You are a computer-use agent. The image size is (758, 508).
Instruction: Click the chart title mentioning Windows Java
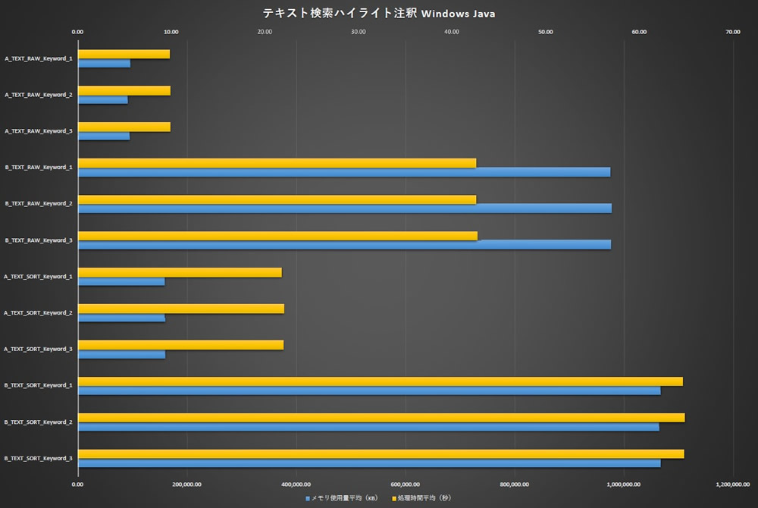(379, 13)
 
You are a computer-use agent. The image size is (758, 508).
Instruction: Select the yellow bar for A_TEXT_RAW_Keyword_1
(124, 54)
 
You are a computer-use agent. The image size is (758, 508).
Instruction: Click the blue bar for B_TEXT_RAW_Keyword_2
(344, 209)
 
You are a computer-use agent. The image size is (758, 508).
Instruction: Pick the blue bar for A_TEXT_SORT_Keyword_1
(121, 281)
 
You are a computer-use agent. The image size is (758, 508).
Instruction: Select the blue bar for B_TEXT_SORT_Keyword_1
(369, 390)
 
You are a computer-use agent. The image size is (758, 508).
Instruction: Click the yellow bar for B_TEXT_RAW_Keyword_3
(277, 236)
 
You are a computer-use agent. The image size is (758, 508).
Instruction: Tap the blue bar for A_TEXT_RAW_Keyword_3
(104, 136)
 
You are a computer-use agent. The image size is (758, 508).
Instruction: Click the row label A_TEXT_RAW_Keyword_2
(39, 95)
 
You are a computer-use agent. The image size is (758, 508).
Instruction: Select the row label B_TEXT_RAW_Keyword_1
(39, 168)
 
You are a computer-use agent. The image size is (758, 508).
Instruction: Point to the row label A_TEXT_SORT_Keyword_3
(39, 350)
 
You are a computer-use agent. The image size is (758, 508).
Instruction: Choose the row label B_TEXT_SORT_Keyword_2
(39, 422)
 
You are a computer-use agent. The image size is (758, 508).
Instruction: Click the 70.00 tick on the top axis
(732, 32)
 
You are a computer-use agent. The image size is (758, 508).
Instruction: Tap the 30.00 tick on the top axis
(358, 32)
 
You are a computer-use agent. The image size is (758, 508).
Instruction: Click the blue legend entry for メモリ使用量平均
(340, 498)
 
